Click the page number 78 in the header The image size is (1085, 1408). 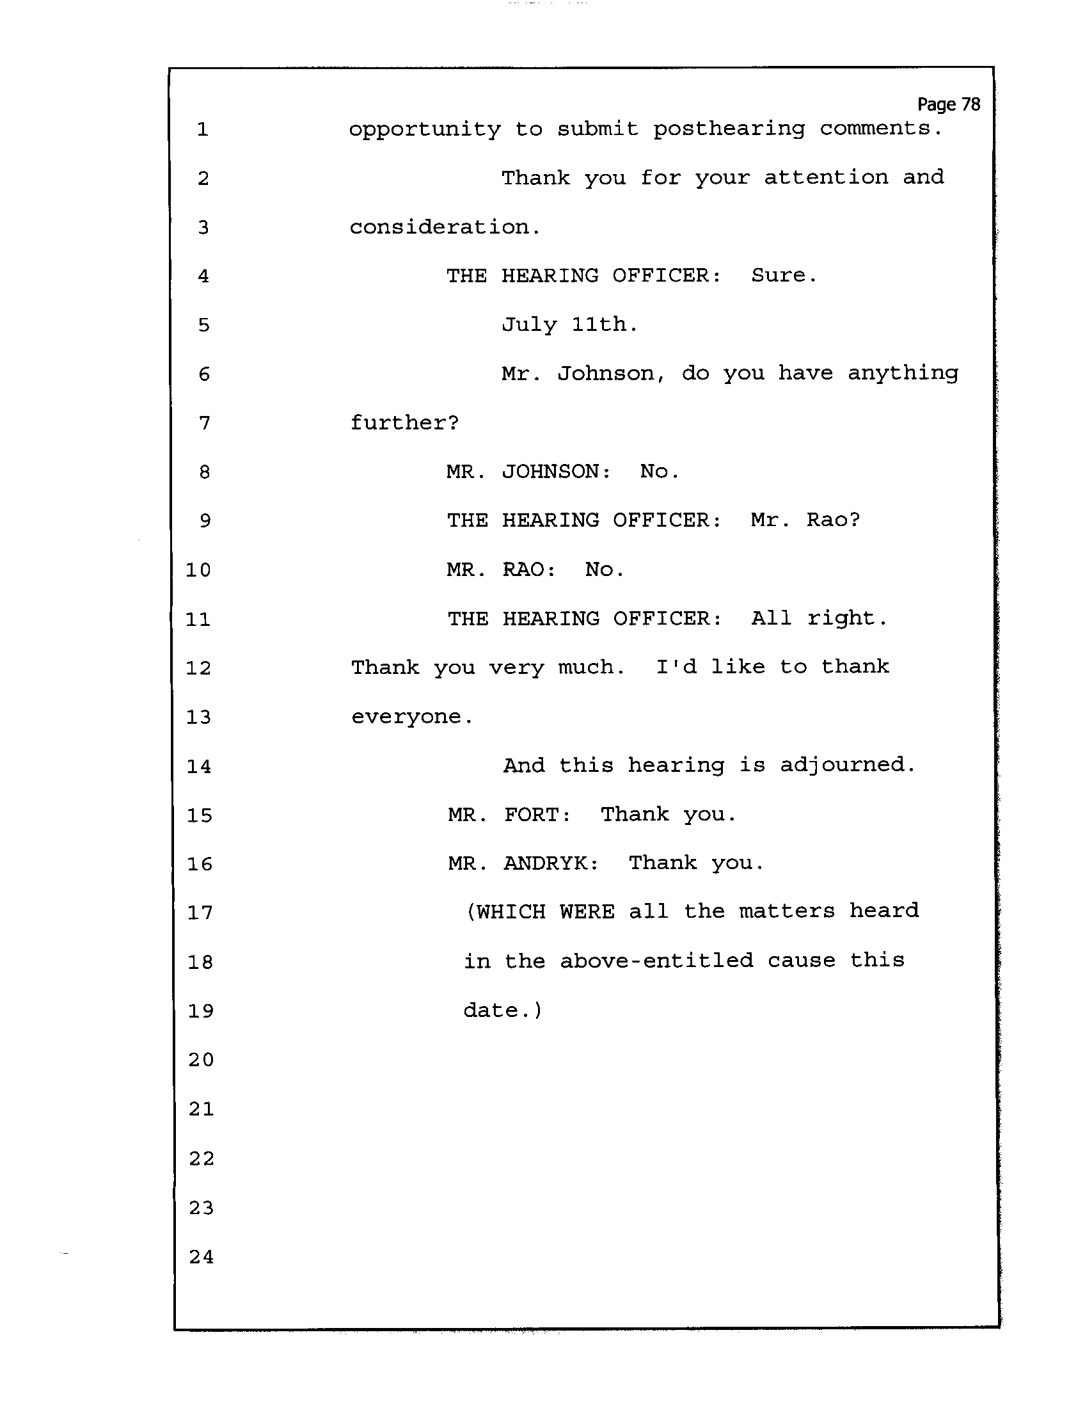click(x=970, y=104)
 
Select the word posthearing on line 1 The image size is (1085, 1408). click(x=729, y=129)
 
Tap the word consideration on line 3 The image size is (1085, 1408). click(x=445, y=227)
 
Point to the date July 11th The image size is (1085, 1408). click(x=569, y=324)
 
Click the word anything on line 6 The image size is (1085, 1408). click(x=903, y=374)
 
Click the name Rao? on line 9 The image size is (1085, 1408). click(x=834, y=520)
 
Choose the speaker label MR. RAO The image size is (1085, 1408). click(x=501, y=570)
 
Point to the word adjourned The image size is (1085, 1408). click(x=846, y=766)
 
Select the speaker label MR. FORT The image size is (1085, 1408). click(x=509, y=815)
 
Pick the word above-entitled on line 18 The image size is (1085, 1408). click(x=656, y=961)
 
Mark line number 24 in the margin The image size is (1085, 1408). click(x=201, y=1256)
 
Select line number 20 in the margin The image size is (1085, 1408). click(x=201, y=1060)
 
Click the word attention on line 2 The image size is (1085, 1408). click(x=826, y=177)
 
